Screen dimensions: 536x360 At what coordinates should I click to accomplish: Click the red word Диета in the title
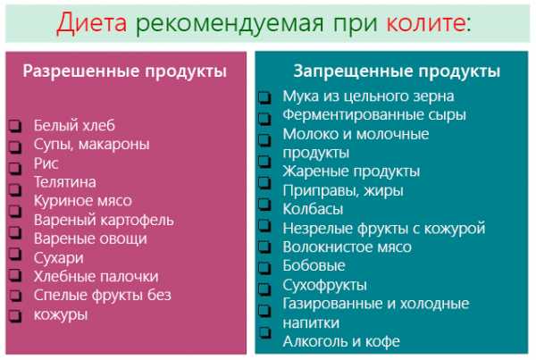[92, 23]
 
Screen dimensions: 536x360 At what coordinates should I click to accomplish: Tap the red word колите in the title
[425, 23]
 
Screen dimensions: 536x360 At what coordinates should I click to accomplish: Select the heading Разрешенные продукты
[125, 71]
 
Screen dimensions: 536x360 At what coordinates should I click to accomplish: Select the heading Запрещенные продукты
[397, 71]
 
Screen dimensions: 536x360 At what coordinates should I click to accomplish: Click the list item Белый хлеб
[74, 125]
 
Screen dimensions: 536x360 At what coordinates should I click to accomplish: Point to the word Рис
[46, 163]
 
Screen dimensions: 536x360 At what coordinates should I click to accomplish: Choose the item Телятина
[65, 182]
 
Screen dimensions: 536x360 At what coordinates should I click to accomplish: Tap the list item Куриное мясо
[83, 201]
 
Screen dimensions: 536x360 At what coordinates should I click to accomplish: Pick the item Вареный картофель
[104, 220]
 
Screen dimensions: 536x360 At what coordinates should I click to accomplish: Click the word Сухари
[58, 258]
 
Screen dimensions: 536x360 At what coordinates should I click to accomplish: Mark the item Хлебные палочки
[96, 276]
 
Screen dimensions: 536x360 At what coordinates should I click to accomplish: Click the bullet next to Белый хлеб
[15, 126]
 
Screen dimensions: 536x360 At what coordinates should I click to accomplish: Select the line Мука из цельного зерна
[368, 96]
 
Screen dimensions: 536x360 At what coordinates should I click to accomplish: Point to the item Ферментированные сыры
[374, 115]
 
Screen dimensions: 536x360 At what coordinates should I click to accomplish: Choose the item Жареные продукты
[351, 172]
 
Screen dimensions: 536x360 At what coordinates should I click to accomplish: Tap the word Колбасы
[313, 209]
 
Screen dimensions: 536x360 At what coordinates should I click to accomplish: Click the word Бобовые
[314, 265]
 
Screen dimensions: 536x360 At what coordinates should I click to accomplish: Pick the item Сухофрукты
[325, 285]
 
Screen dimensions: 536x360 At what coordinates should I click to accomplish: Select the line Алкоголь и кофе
[341, 341]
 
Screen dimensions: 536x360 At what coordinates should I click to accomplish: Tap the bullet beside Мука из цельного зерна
[264, 97]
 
